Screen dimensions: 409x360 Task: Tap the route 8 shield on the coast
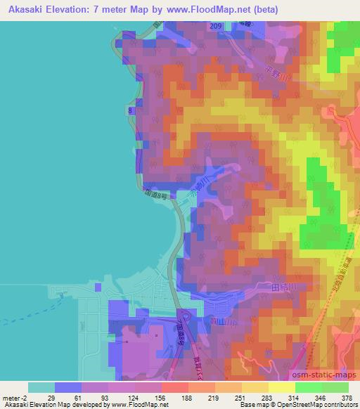[131, 110]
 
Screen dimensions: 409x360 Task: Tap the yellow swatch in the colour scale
[281, 387]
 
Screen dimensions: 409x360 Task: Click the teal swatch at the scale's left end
[41, 387]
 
